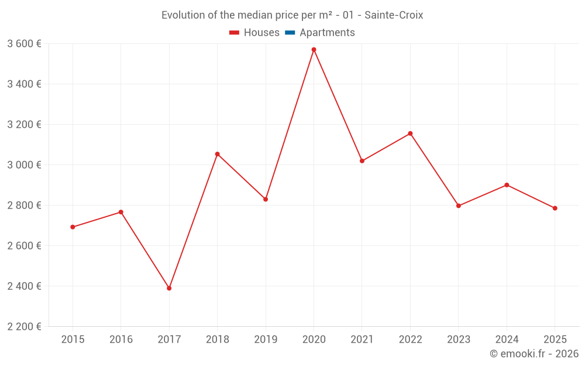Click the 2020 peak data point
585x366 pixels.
click(x=314, y=50)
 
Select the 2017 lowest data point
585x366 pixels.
click(x=169, y=288)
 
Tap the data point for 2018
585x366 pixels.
click(x=217, y=154)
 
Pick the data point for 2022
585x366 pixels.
click(x=410, y=134)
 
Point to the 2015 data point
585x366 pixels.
click(x=73, y=227)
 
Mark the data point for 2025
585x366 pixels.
click(x=555, y=208)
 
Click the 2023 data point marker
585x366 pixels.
click(x=458, y=206)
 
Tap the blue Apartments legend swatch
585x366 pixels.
click(x=289, y=33)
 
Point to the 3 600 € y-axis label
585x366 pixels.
click(x=24, y=44)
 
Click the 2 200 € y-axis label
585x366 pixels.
click(x=24, y=327)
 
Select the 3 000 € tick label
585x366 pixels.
click(x=24, y=165)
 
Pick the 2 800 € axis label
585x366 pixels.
click(x=24, y=206)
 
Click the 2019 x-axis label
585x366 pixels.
click(x=266, y=339)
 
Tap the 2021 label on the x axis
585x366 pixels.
click(x=362, y=339)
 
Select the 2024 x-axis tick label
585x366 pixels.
click(x=507, y=339)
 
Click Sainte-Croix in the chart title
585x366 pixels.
click(x=394, y=15)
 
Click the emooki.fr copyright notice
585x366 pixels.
click(x=534, y=354)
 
